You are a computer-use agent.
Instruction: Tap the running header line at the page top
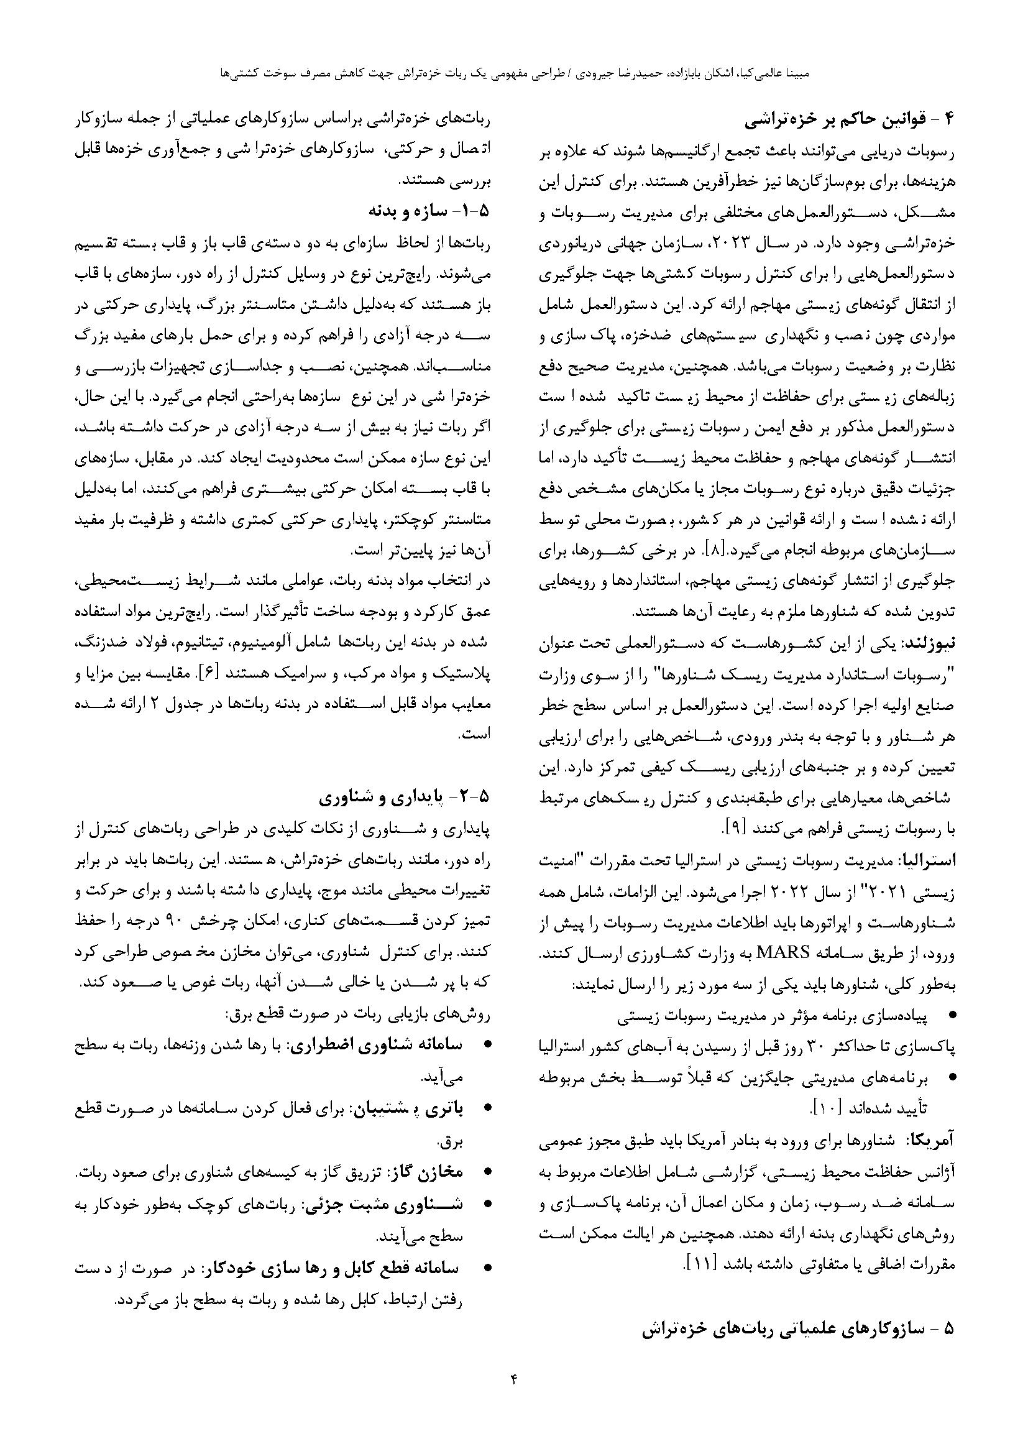point(513,73)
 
